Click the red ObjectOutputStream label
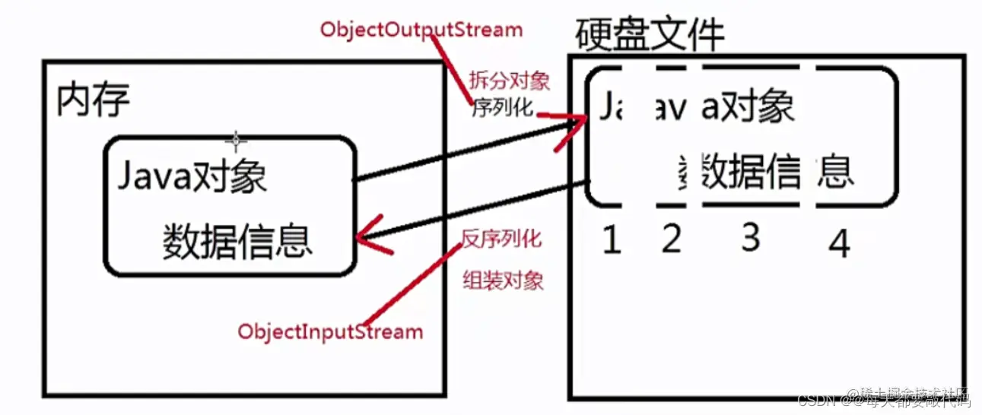pos(421,30)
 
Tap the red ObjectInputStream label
pos(329,332)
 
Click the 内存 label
pos(93,100)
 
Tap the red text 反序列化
pos(501,239)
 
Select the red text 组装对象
pos(504,281)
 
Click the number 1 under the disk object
pos(611,241)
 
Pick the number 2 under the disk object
pos(670,240)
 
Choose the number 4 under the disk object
pos(838,244)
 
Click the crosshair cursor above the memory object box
pos(236,140)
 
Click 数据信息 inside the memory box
pos(237,242)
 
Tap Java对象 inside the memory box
pos(192,178)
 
